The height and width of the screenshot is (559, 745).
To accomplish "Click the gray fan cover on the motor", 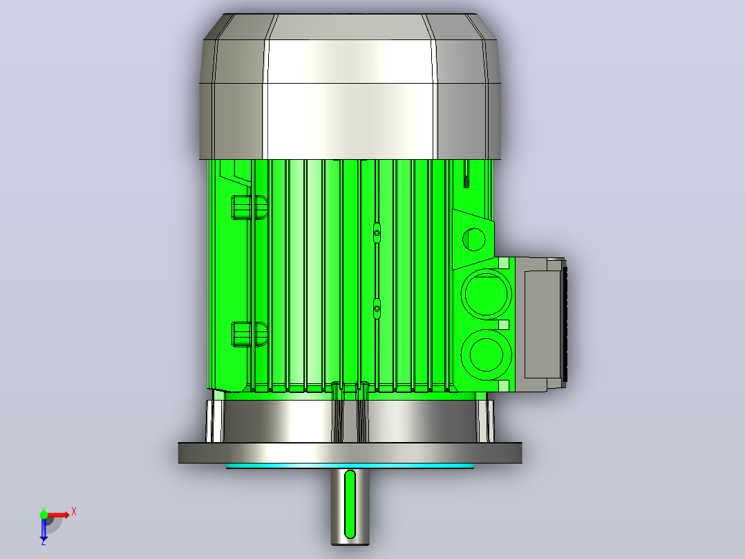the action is click(350, 86).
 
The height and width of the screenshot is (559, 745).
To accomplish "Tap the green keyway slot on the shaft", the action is click(350, 504).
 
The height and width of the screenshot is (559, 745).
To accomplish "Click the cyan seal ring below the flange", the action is click(350, 466).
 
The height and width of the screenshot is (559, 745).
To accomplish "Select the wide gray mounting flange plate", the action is click(350, 452).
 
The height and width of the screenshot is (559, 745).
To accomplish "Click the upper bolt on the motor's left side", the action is click(249, 208).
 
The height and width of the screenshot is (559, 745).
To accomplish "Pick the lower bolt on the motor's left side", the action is click(249, 334).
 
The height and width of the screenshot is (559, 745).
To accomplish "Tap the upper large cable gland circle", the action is click(486, 293).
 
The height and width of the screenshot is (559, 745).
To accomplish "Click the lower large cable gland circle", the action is click(486, 355).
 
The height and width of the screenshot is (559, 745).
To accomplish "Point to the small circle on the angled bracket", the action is click(473, 239).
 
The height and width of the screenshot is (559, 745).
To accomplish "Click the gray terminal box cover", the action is click(543, 324).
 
